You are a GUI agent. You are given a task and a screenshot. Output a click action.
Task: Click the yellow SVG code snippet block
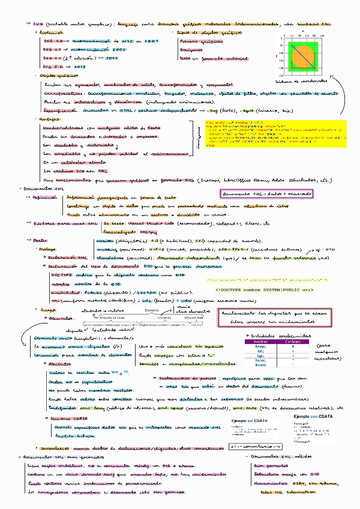click(276, 135)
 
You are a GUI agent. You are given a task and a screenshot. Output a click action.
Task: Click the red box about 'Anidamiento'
click(275, 318)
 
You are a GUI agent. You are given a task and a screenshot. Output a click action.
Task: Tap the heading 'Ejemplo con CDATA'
click(312, 415)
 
